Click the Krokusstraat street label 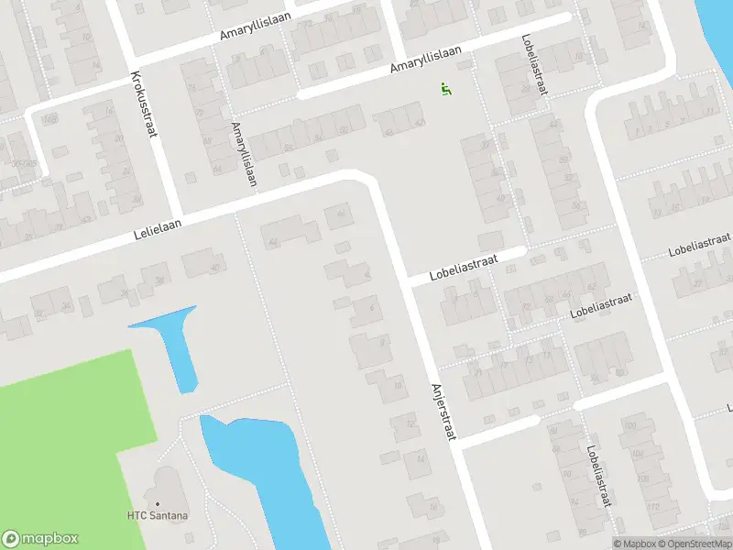(145, 104)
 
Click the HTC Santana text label (159, 516)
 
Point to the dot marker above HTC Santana (159, 503)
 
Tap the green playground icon (446, 89)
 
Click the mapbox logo (41, 539)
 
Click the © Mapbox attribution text (636, 544)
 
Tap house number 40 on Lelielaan (216, 268)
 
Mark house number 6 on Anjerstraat (371, 308)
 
